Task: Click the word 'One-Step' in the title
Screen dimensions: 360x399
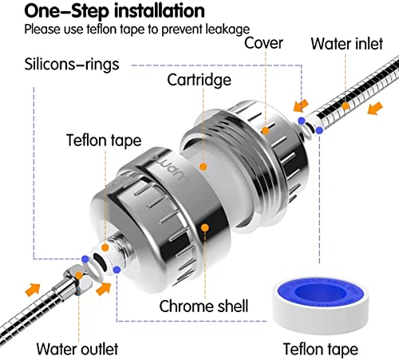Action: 49,12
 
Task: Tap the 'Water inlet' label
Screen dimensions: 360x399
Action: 348,43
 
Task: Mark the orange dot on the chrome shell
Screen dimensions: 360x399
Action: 205,227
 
